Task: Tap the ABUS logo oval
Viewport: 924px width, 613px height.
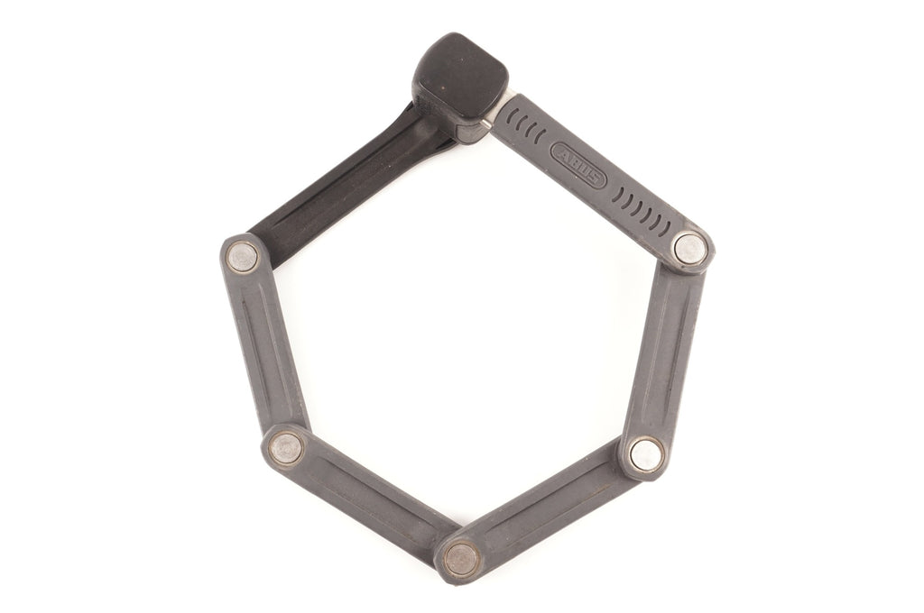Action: point(578,166)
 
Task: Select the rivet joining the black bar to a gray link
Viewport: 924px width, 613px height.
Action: point(242,257)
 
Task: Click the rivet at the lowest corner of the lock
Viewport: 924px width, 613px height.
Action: point(461,559)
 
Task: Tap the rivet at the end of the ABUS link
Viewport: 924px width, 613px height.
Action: point(690,249)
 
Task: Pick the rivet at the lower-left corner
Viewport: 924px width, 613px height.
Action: point(286,447)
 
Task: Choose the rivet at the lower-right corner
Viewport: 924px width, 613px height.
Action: point(646,454)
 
